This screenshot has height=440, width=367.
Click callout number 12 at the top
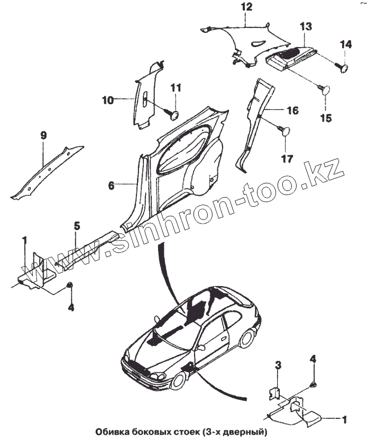point(247,7)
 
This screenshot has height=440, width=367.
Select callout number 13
point(306,26)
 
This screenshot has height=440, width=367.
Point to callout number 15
point(326,118)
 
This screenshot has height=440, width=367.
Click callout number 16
point(292,111)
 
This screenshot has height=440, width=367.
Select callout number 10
point(107,99)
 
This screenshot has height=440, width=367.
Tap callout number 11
point(176,87)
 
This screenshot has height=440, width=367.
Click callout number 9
point(44,136)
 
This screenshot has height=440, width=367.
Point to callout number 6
point(111,186)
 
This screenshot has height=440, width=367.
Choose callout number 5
point(77,226)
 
